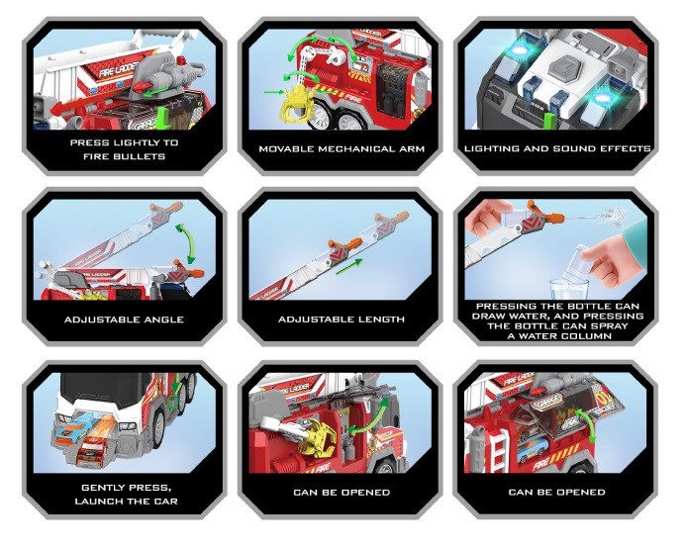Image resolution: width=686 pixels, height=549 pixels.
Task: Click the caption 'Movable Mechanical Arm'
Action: click(x=342, y=149)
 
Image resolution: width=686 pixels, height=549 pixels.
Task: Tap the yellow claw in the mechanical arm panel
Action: click(x=299, y=102)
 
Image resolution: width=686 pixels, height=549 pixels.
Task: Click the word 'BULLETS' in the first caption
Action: click(x=145, y=156)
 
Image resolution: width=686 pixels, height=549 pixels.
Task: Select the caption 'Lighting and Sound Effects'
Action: click(x=557, y=148)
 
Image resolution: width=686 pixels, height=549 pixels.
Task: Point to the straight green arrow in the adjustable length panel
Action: click(x=349, y=267)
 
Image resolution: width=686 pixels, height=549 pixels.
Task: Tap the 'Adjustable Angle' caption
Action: click(x=125, y=320)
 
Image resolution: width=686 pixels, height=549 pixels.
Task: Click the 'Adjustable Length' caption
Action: click(x=342, y=320)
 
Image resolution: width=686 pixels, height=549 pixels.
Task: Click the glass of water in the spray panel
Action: click(x=564, y=289)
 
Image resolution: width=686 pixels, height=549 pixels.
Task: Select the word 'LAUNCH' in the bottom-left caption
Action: click(x=96, y=502)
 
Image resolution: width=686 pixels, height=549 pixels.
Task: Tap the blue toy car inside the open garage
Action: click(x=533, y=448)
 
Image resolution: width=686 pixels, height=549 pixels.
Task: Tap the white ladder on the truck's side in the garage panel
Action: click(x=498, y=449)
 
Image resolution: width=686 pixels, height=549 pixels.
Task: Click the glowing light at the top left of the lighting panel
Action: click(x=526, y=53)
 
